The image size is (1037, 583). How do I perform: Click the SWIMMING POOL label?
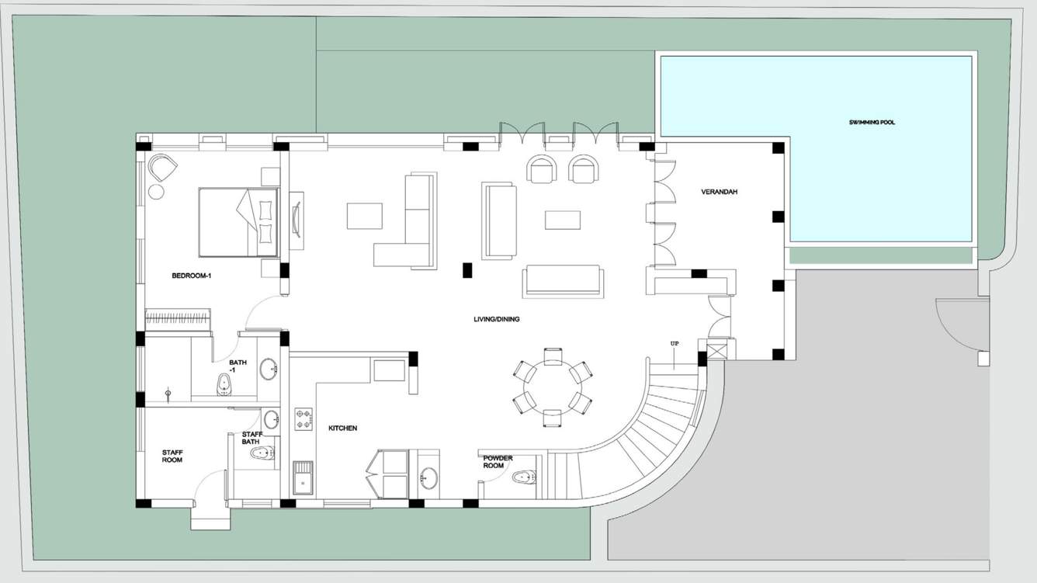[872, 123]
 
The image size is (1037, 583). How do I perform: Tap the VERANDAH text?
[719, 192]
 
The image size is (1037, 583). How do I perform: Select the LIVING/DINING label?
[496, 319]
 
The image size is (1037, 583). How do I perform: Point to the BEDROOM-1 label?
[191, 276]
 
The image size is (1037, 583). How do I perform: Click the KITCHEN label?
[342, 429]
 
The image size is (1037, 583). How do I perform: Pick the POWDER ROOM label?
[498, 462]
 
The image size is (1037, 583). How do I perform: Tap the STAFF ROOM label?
[172, 456]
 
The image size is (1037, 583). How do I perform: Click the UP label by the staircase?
[675, 344]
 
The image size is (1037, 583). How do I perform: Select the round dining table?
[553, 387]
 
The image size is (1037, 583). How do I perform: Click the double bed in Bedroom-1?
[238, 222]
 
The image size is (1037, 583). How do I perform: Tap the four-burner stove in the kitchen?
[303, 419]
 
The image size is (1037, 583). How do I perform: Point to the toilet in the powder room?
[524, 477]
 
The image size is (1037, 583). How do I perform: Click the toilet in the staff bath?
[262, 453]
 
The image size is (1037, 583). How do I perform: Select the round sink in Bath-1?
[268, 369]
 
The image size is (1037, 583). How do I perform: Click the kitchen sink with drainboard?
[303, 477]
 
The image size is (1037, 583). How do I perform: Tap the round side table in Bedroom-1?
[156, 192]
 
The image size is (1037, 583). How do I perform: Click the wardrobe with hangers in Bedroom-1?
[178, 320]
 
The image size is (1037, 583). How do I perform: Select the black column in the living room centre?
[467, 270]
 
